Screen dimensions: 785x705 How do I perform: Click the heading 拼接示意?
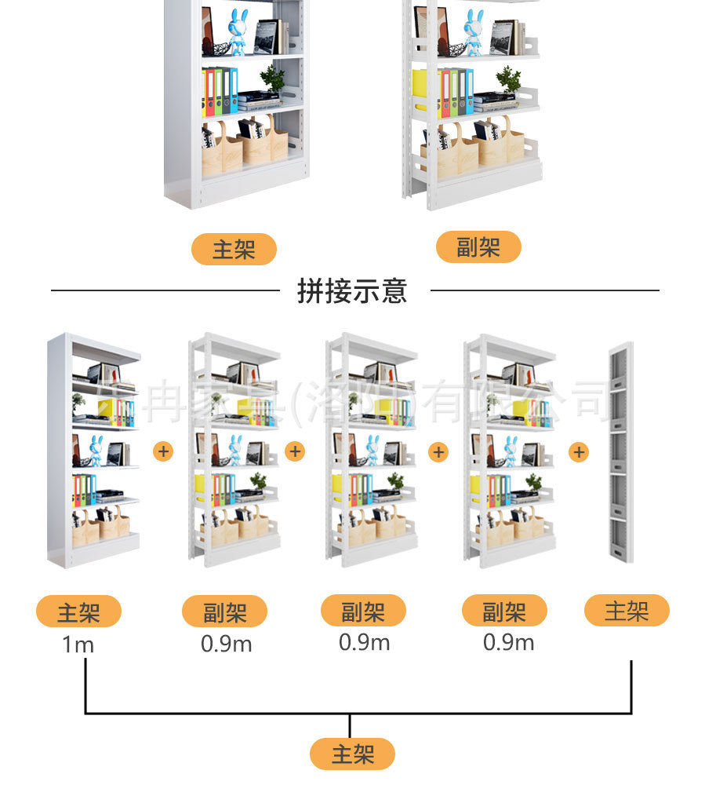coord(352,290)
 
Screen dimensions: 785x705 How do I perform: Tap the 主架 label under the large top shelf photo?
coord(234,250)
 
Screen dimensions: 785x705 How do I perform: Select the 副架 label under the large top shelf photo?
coord(478,247)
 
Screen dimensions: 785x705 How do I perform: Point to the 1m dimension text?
coord(78,645)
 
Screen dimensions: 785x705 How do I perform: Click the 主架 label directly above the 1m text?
coord(78,612)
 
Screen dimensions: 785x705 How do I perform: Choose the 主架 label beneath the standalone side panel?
coord(627,611)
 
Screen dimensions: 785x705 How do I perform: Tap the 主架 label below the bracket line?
coord(352,754)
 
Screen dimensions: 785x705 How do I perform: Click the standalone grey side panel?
coord(621,453)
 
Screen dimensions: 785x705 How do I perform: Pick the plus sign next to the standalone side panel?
coord(579,452)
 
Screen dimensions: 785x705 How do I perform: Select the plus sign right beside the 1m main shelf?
coord(163,451)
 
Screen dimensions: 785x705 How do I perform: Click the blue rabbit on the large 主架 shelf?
coord(237,31)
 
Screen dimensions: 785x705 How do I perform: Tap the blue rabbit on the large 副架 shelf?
coord(472,31)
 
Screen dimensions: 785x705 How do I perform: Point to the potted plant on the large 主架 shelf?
coord(273,78)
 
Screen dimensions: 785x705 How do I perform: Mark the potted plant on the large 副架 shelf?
coord(509,78)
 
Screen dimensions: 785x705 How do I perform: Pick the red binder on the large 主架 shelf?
coord(209,92)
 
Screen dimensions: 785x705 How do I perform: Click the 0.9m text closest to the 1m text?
coord(226,644)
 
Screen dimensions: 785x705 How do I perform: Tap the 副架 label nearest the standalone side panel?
coord(503,612)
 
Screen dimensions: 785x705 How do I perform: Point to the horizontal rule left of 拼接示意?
coord(165,290)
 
